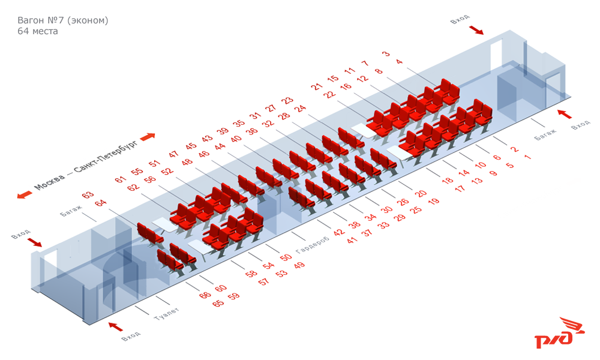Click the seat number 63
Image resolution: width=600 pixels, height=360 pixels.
(x=88, y=195)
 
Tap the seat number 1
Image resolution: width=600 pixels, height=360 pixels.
(x=527, y=157)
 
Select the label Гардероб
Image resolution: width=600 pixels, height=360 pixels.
(x=313, y=245)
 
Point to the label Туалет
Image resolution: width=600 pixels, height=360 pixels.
(x=166, y=314)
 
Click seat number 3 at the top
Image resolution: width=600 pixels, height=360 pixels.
(x=386, y=53)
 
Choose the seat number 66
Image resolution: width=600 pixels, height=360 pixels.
(x=205, y=295)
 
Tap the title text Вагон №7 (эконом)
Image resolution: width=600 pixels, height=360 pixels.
(x=63, y=20)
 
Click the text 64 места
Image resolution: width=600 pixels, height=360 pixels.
(x=38, y=31)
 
